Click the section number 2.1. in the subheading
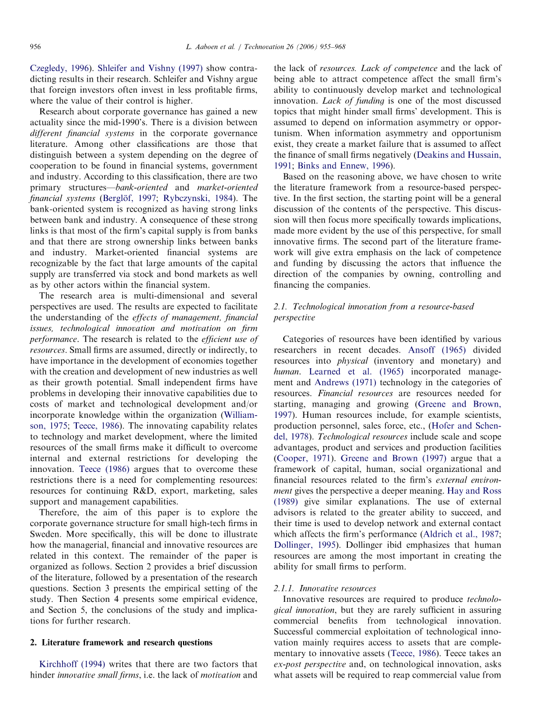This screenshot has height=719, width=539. tap(281, 306)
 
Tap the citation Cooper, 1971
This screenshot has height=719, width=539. tap(304, 459)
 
